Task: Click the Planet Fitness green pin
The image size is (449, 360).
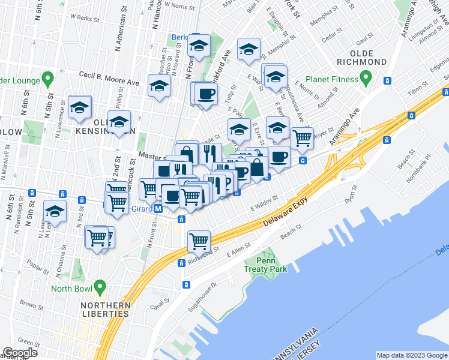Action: [364, 78]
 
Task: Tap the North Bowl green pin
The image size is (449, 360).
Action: [100, 287]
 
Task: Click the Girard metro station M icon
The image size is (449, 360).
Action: [158, 209]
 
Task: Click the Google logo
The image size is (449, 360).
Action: [20, 353]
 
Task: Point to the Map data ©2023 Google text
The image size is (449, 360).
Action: [411, 355]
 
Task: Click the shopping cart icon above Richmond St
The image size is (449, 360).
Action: [199, 241]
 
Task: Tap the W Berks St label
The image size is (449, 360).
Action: [85, 19]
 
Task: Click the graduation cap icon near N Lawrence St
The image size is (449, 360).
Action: [79, 107]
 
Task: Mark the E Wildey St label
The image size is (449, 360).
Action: [265, 202]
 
